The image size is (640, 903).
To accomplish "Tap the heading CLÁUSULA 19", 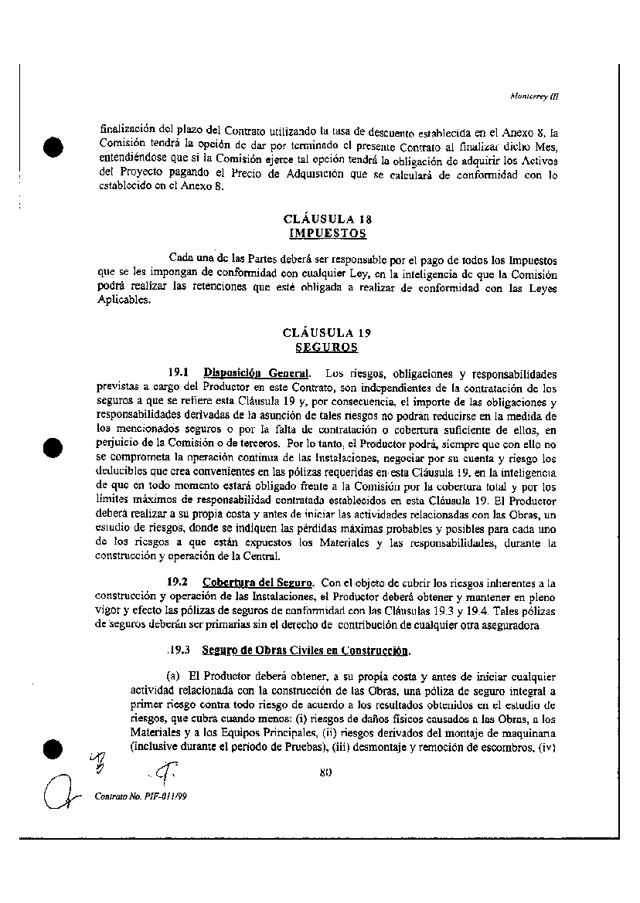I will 328,334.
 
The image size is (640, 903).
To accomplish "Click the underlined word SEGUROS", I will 328,348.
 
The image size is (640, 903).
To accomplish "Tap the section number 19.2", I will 179,582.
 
